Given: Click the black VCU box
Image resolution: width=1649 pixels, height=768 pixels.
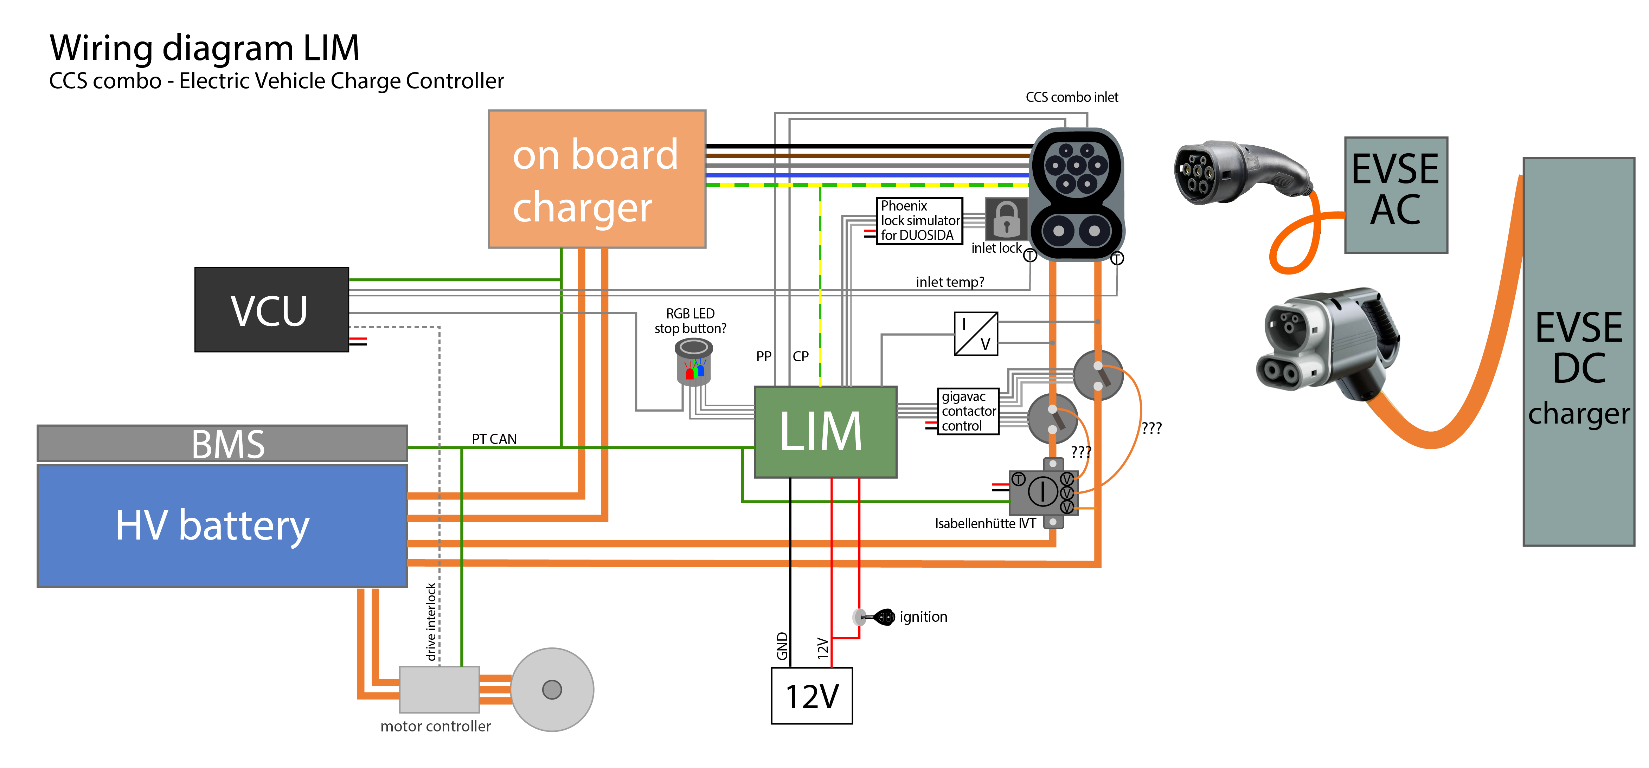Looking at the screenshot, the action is click(x=271, y=310).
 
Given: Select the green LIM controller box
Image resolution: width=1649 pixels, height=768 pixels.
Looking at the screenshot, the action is click(x=826, y=432).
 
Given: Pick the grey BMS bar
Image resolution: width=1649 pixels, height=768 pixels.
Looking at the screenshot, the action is click(x=222, y=443).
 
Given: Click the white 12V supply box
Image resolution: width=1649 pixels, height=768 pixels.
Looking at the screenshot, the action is click(x=812, y=696).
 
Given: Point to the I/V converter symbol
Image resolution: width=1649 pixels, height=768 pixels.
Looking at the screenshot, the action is click(x=976, y=334).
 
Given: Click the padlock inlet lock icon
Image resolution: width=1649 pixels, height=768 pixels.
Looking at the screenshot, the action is click(x=1006, y=219).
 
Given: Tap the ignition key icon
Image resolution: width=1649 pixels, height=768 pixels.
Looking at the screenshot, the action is click(x=874, y=617).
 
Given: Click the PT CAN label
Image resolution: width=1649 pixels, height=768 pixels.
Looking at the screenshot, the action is click(x=494, y=439).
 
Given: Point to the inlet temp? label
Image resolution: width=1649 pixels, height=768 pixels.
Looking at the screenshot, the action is click(x=950, y=282).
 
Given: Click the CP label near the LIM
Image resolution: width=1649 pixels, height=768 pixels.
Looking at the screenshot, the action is click(x=801, y=356).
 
